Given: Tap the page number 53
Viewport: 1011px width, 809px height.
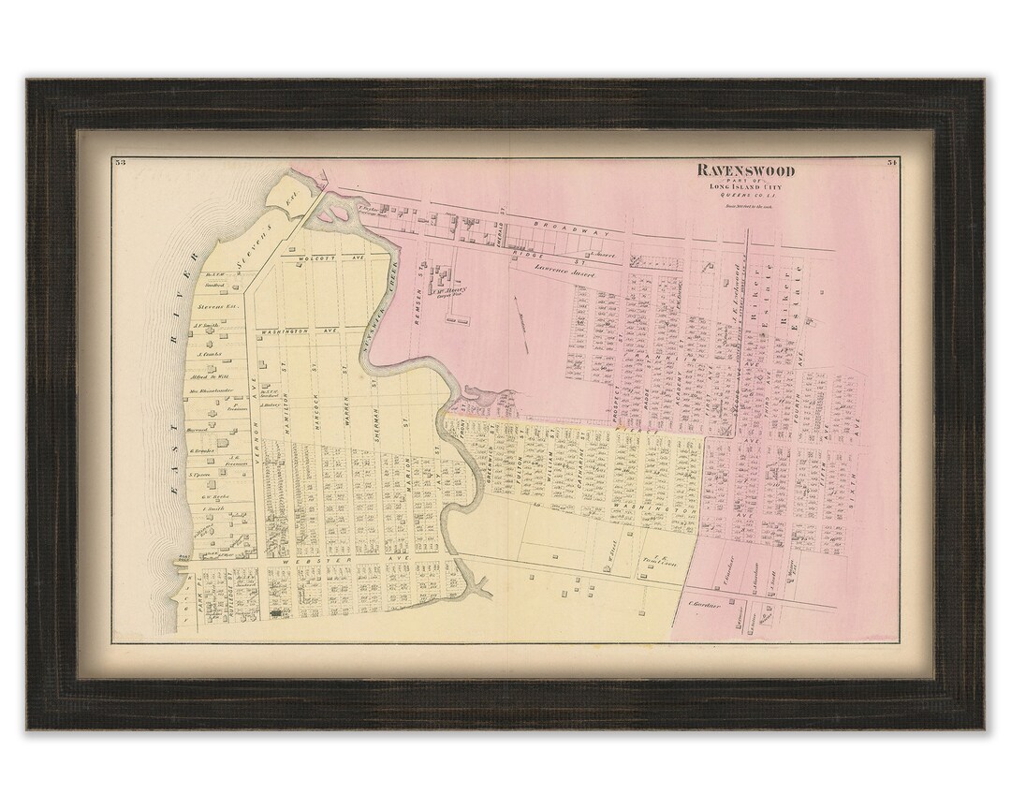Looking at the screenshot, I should click(120, 162).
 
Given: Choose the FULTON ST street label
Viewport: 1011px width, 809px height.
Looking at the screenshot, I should click(514, 453).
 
